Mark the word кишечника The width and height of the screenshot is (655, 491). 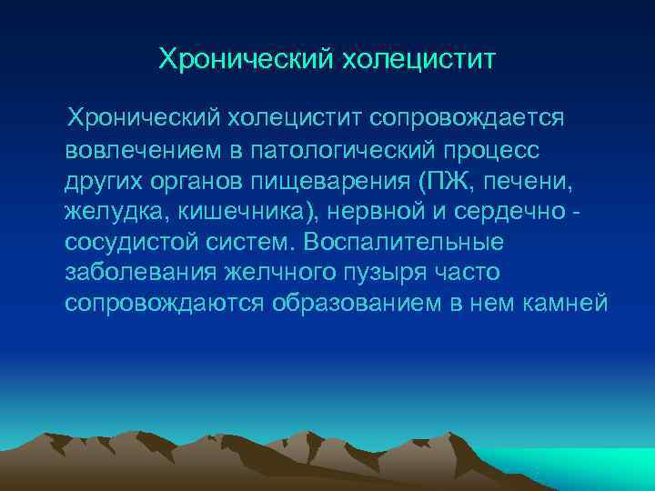tap(227, 212)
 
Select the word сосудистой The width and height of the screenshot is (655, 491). tap(126, 243)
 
